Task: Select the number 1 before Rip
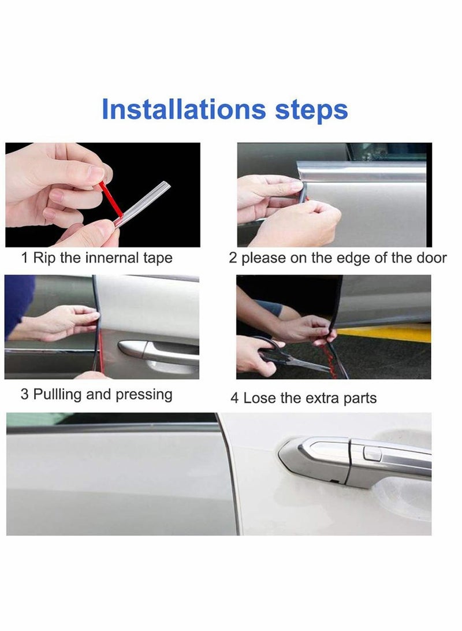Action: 25,258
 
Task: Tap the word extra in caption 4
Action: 317,398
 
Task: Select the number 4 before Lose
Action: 234,398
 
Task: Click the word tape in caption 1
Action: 156,258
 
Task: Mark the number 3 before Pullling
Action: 24,395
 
